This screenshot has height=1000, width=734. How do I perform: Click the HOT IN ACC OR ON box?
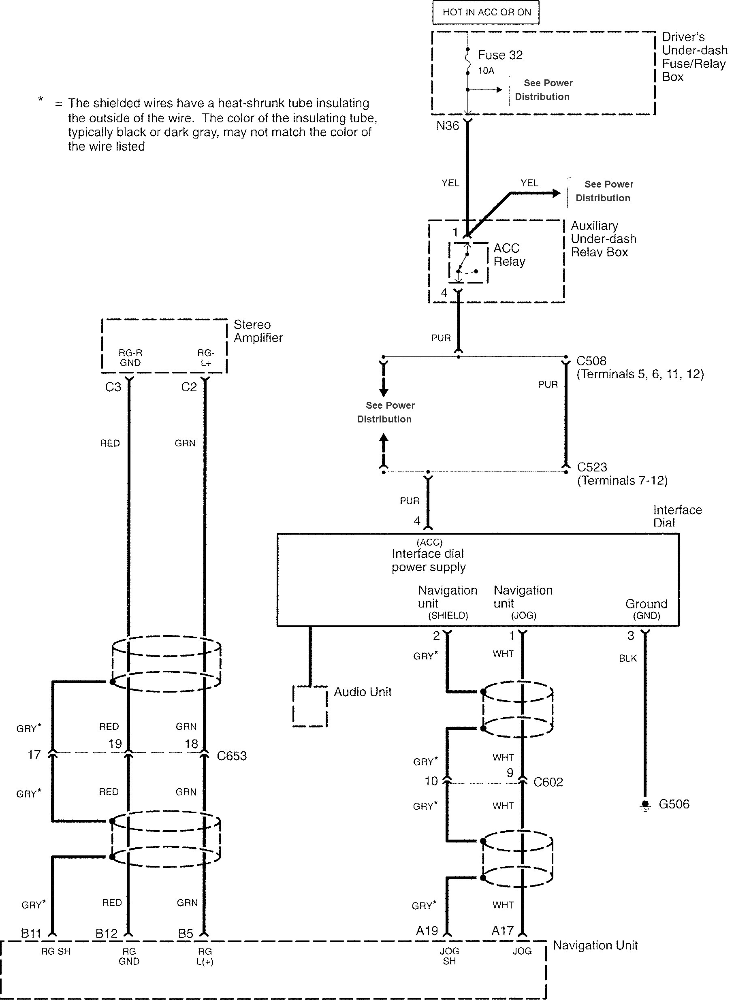pos(486,13)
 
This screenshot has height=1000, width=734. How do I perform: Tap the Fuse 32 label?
pos(500,55)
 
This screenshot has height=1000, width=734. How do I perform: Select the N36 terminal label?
pos(448,126)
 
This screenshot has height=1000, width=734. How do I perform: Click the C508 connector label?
pos(591,361)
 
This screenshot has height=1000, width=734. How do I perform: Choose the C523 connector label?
pos(592,467)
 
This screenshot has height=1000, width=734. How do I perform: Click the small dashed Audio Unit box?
pos(310,706)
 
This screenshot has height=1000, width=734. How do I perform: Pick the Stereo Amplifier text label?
pos(258,331)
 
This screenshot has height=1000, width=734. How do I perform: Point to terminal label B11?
pos(31,933)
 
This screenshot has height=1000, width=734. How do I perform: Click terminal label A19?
pos(427,930)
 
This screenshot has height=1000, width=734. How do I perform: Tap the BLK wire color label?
pos(627,659)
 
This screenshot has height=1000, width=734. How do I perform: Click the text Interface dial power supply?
pos(428,560)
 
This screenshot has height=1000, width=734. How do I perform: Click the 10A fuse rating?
pos(486,70)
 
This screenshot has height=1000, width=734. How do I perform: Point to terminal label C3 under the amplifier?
pos(113,387)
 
